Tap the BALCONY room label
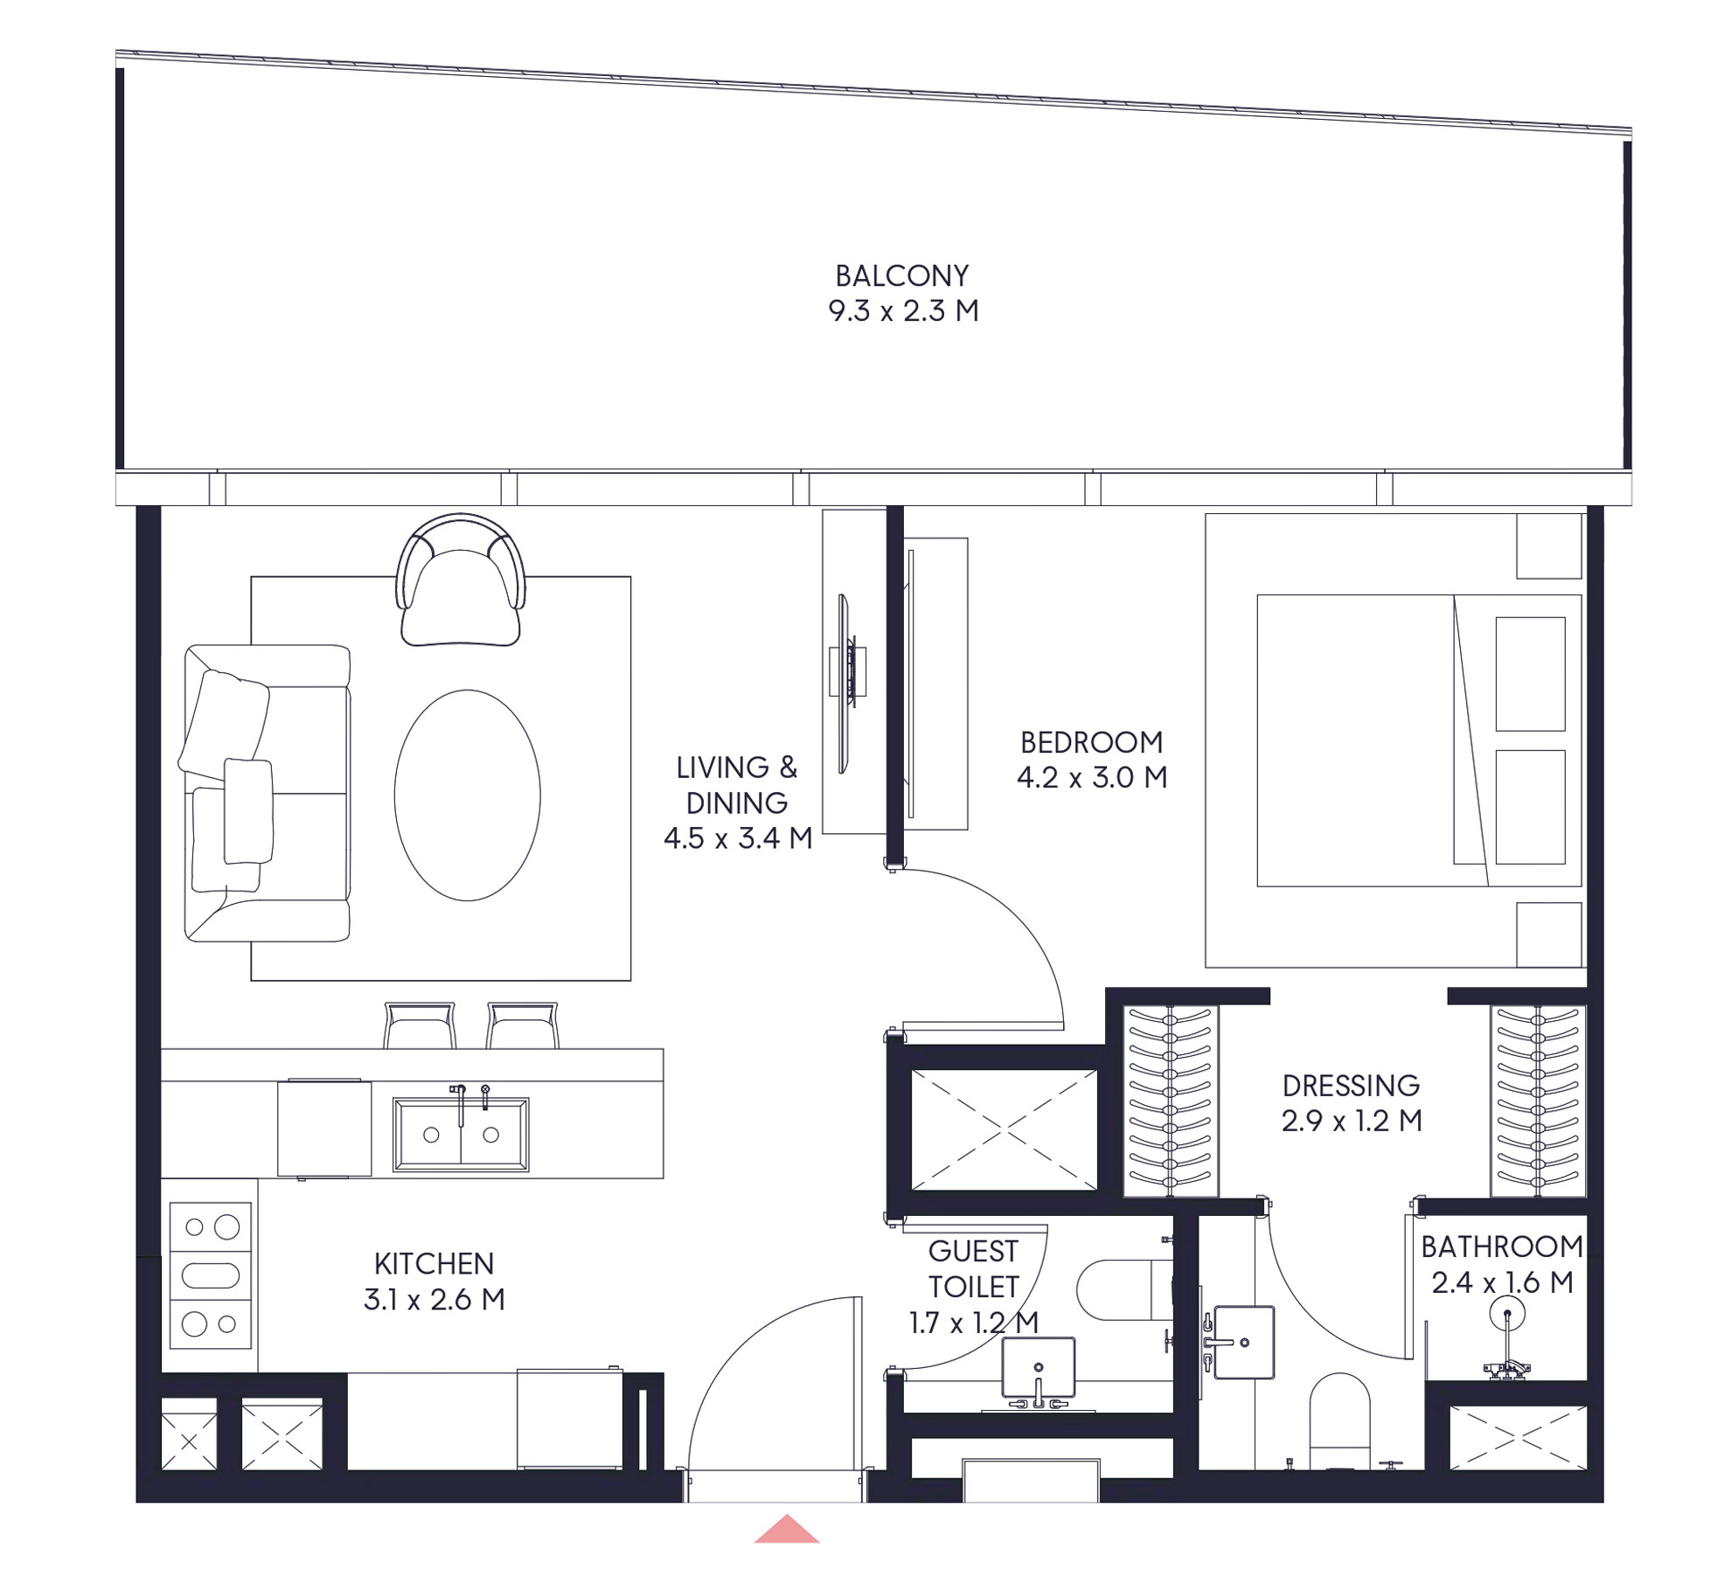pyautogui.click(x=902, y=276)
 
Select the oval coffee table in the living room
pyautogui.click(x=467, y=795)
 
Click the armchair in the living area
pyautogui.click(x=461, y=582)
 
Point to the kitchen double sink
pyautogui.click(x=461, y=1134)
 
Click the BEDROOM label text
pyautogui.click(x=1092, y=742)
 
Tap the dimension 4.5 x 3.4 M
pyautogui.click(x=738, y=838)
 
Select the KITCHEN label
pyautogui.click(x=434, y=1263)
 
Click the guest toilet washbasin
pyautogui.click(x=1038, y=1366)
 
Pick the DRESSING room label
pyautogui.click(x=1351, y=1086)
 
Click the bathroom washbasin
pyautogui.click(x=1244, y=1341)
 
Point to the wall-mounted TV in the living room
pyautogui.click(x=845, y=683)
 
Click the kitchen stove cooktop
pyautogui.click(x=211, y=1275)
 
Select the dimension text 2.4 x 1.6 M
pyautogui.click(x=1502, y=1282)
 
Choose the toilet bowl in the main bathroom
pyautogui.click(x=1339, y=1420)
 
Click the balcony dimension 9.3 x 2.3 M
pyautogui.click(x=903, y=311)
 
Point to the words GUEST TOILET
pyautogui.click(x=973, y=1268)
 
